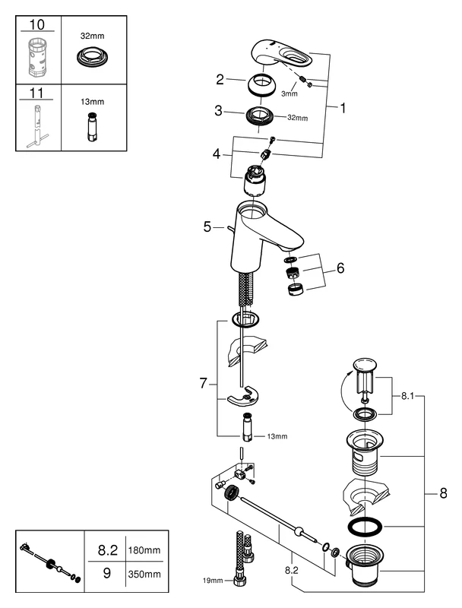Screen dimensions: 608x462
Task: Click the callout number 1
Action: pyautogui.click(x=342, y=109)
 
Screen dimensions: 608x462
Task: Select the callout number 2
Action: pyautogui.click(x=220, y=78)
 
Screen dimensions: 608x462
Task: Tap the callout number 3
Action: pyautogui.click(x=219, y=111)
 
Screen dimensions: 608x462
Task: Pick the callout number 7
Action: pyautogui.click(x=203, y=384)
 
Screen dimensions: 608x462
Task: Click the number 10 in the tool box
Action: pyautogui.click(x=36, y=25)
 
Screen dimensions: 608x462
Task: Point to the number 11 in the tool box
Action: pyautogui.click(x=36, y=93)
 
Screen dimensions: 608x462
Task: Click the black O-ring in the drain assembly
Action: pyautogui.click(x=366, y=527)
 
